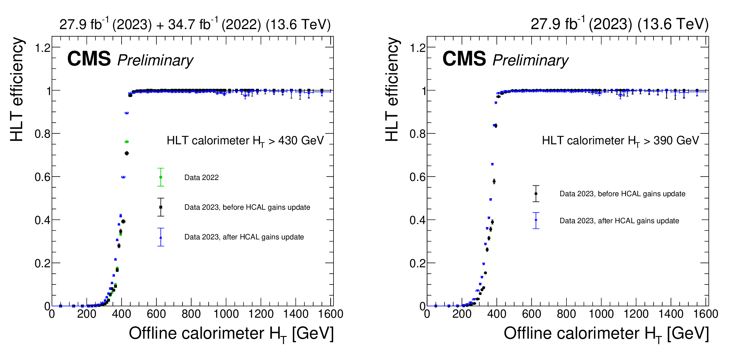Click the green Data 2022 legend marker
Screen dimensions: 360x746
click(x=161, y=177)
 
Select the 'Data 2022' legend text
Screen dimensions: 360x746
click(x=201, y=178)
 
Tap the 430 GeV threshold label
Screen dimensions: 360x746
click(x=245, y=141)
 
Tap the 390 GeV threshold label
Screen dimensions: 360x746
click(x=620, y=141)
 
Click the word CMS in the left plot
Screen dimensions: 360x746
click(x=89, y=59)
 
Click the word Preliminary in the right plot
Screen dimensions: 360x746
click(x=530, y=60)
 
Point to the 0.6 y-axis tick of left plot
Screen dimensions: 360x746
click(x=42, y=177)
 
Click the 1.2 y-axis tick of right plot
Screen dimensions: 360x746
click(x=418, y=48)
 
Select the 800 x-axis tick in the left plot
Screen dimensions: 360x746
click(x=191, y=314)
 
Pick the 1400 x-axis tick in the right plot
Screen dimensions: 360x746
click(x=671, y=314)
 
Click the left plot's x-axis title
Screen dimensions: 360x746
click(x=231, y=334)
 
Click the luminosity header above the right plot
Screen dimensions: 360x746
click(x=619, y=24)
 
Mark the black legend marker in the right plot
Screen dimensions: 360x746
click(x=536, y=194)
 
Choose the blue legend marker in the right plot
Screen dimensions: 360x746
click(x=536, y=220)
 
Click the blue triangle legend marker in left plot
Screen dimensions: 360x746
click(x=161, y=237)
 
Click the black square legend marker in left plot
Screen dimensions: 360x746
click(x=161, y=207)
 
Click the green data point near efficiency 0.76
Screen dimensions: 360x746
click(x=127, y=142)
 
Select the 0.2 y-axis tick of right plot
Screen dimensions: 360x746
click(x=418, y=263)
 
